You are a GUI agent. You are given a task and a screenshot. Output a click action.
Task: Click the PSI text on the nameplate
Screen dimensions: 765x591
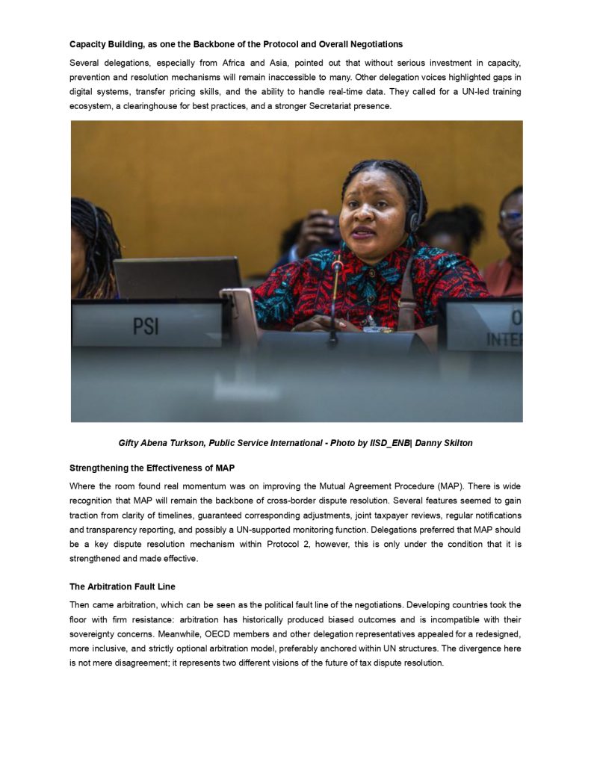click(x=146, y=326)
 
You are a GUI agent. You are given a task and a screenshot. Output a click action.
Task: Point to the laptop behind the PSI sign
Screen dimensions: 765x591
click(x=178, y=277)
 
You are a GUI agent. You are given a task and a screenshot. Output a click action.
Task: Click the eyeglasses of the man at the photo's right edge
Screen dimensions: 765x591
click(x=511, y=214)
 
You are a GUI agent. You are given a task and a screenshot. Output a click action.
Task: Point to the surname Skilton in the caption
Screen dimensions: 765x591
click(x=456, y=443)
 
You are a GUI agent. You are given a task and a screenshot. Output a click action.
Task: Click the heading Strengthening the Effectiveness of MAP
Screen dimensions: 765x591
click(x=152, y=468)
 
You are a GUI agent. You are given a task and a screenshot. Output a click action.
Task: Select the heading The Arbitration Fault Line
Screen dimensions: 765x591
click(x=123, y=586)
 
